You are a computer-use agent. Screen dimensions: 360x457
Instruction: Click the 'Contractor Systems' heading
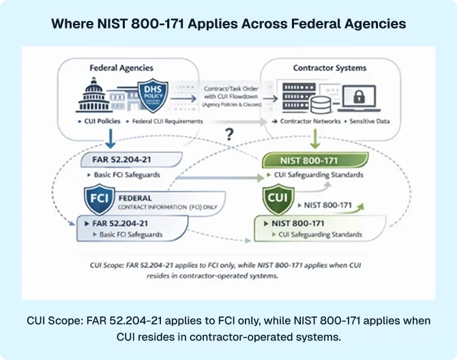pos(329,68)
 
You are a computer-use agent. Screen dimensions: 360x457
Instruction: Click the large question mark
pos(229,134)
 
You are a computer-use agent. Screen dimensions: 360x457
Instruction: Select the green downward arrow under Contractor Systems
pos(315,139)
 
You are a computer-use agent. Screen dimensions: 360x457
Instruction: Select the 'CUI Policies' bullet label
pos(100,121)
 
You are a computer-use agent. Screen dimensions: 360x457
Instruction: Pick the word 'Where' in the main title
pos(72,24)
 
